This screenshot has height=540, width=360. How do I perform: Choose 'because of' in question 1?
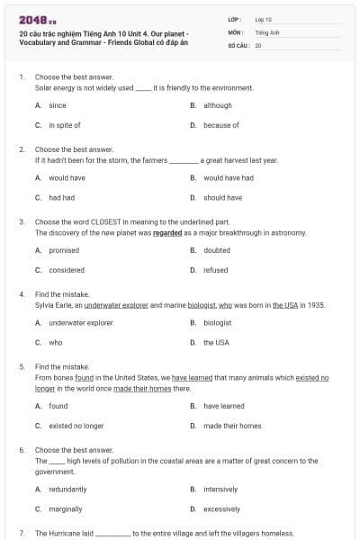[x=220, y=125]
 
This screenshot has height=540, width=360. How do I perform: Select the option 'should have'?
[x=222, y=197]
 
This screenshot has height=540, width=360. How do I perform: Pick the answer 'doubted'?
[x=216, y=250]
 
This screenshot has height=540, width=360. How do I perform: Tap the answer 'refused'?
[x=215, y=270]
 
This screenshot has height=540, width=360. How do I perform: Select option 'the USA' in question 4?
[x=216, y=342]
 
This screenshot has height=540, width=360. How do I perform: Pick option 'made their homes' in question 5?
[x=232, y=426]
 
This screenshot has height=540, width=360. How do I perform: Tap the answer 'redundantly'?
[x=67, y=489]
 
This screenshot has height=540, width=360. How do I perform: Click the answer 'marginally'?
[x=66, y=508]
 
